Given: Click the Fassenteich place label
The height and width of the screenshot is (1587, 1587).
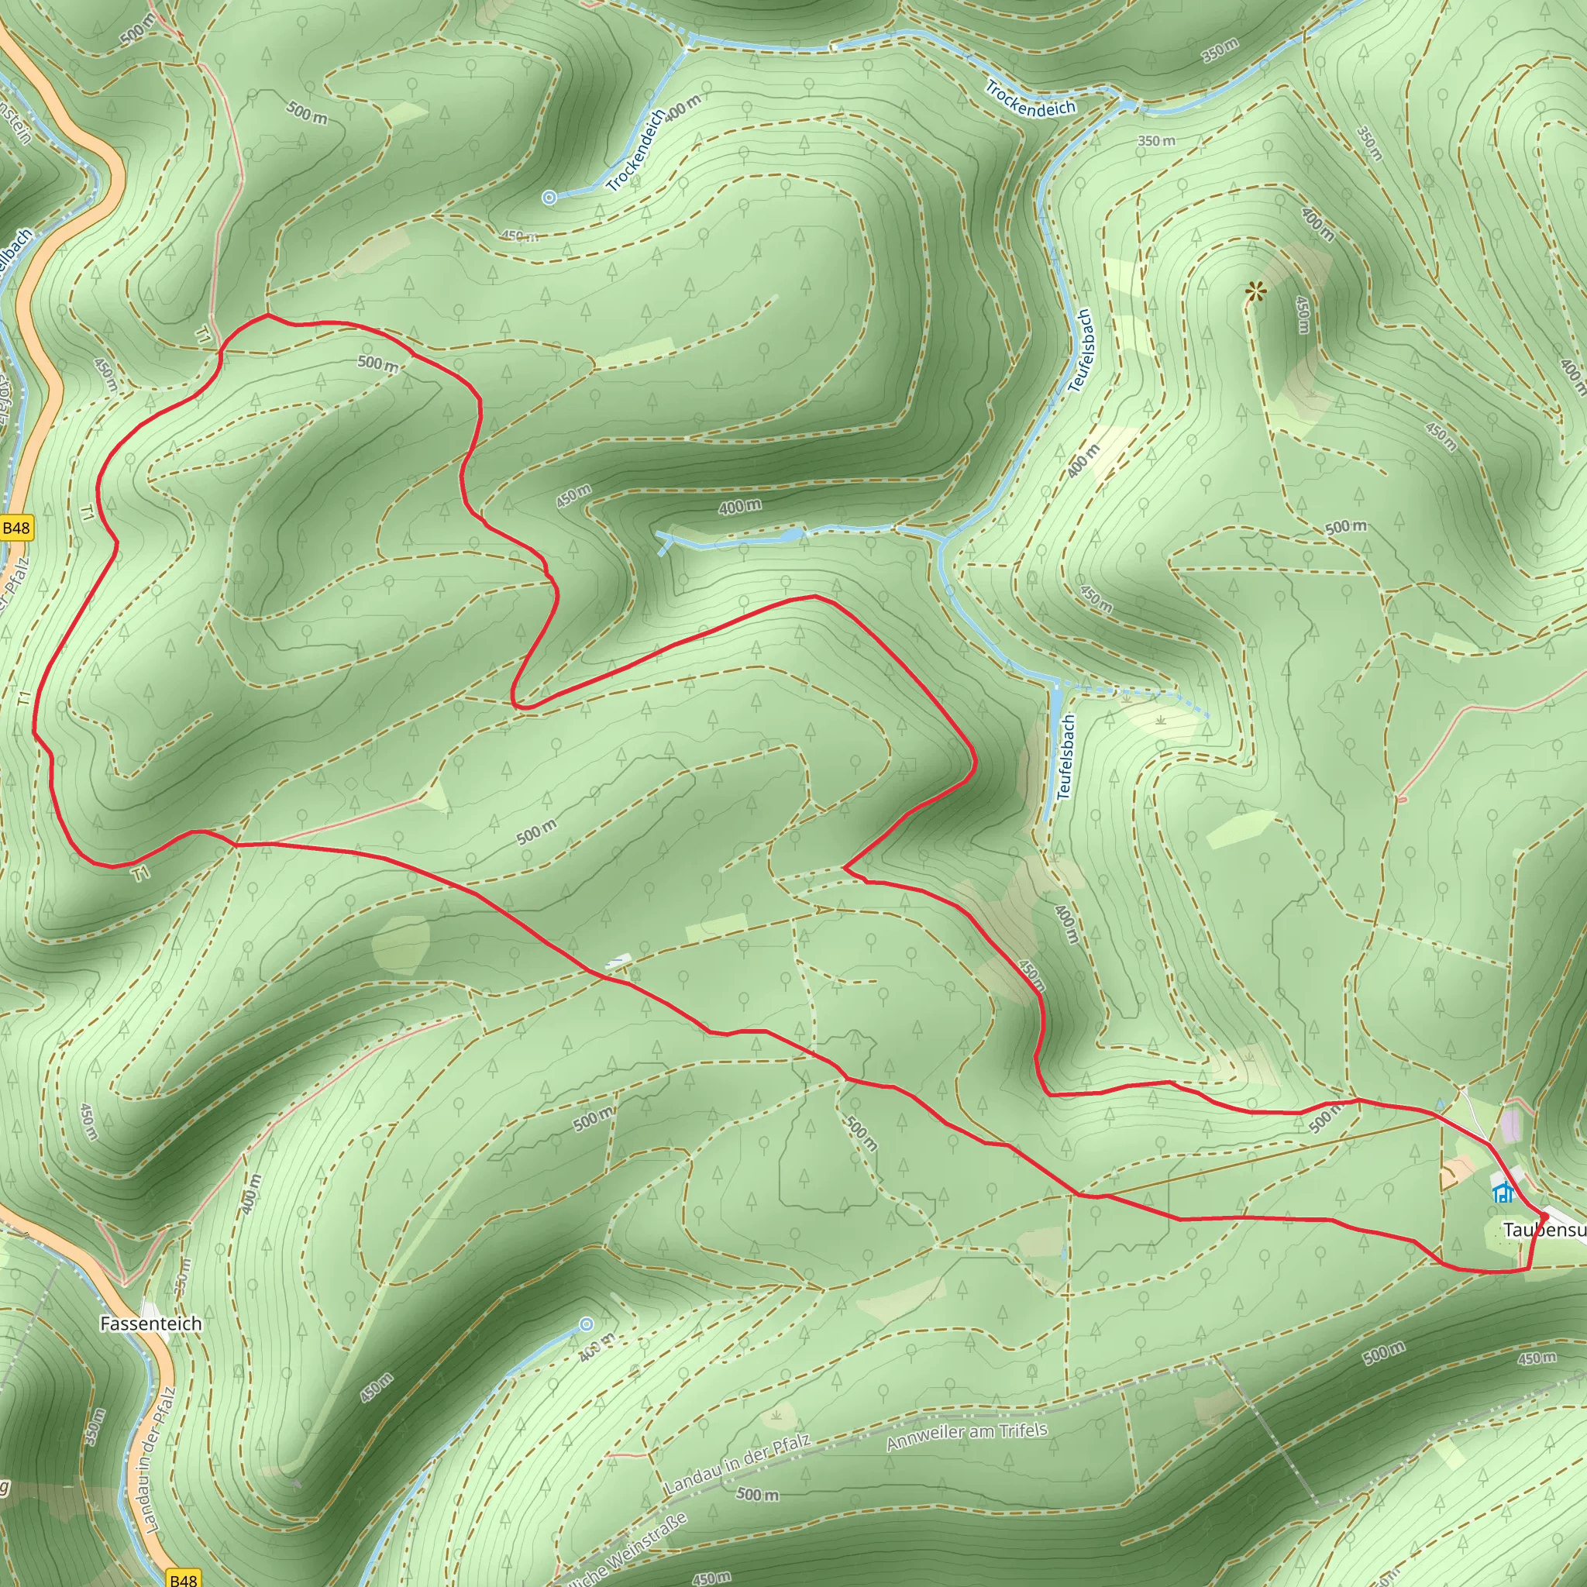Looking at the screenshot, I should coord(150,1324).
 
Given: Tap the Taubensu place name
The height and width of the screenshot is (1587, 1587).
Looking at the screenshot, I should coord(1544,1230).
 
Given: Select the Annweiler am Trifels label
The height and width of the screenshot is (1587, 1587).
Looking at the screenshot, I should coord(967,1437).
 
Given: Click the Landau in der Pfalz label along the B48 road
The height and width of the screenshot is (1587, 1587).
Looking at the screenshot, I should coord(160,1461).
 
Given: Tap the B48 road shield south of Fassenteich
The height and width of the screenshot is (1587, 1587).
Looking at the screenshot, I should coord(182,1578).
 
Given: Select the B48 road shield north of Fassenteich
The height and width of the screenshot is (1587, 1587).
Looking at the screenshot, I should coord(15,528).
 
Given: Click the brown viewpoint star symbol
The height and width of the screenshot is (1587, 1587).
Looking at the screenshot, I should coord(1255,291).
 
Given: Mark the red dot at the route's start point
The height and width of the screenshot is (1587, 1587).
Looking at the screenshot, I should coord(1544,1217).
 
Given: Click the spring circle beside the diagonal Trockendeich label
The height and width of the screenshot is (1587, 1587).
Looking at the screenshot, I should coord(550,197).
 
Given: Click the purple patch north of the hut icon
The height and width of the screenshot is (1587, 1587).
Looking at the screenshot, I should coord(1510,1125).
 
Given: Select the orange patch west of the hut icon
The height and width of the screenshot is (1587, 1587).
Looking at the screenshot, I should coord(1458,1172).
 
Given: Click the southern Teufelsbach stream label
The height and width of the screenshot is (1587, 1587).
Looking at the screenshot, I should coord(1065,757).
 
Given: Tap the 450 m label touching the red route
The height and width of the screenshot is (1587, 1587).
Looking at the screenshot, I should coord(1031,976).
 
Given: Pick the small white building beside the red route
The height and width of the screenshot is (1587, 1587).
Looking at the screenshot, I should coord(618,959).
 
